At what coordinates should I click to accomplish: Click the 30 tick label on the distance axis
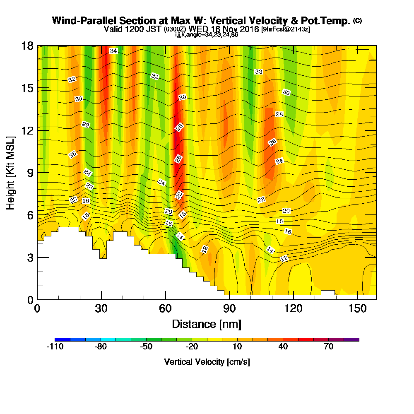click(101, 309)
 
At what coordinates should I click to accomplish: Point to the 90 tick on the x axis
click(229, 309)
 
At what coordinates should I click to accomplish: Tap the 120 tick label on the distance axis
click(293, 309)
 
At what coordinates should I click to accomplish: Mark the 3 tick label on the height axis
click(29, 258)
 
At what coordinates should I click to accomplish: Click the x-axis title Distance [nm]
click(207, 324)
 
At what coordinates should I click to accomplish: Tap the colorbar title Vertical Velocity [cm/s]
click(207, 362)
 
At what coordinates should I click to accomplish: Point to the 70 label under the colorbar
click(328, 347)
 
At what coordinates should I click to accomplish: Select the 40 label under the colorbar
click(283, 347)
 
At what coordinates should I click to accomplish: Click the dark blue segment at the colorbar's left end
click(62, 339)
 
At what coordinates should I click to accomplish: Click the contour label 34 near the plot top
click(113, 51)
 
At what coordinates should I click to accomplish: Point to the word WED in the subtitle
click(198, 29)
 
